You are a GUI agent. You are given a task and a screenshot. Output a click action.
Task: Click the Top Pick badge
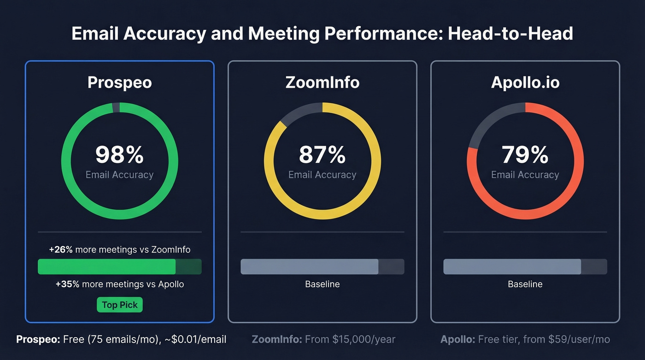120,305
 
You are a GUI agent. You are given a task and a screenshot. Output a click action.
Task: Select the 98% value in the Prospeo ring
120,155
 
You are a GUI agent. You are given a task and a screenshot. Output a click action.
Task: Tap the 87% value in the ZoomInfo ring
322,155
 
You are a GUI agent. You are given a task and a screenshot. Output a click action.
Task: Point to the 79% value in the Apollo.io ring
525,155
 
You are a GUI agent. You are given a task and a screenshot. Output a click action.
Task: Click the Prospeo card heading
120,83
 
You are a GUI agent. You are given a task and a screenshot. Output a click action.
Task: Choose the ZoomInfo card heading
322,83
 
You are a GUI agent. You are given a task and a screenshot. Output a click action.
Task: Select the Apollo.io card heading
525,83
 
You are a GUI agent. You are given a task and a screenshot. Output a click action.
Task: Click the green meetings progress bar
107,267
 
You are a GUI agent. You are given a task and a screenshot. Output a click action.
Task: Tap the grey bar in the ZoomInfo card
310,267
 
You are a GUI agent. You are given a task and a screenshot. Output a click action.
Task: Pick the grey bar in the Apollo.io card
512,267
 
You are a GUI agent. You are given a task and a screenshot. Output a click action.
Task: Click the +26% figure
61,250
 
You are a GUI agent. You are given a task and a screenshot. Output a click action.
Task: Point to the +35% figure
67,284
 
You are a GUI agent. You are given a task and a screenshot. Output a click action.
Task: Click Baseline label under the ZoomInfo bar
322,284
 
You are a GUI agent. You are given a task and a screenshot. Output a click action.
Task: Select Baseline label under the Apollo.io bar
525,284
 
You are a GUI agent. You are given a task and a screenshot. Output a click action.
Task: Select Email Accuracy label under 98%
120,175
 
